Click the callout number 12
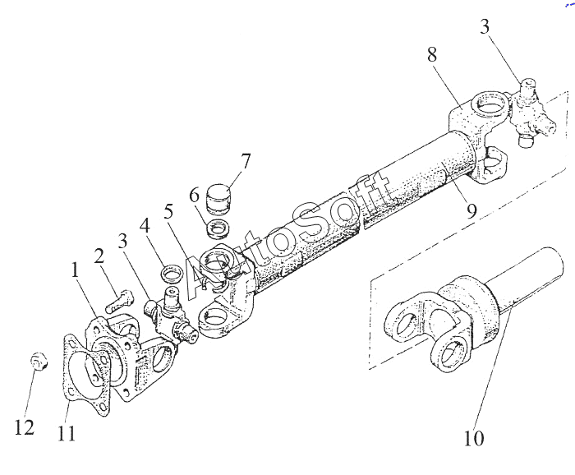[24, 427]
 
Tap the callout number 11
[67, 433]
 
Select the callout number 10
[474, 437]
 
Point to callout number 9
[471, 211]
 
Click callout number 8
[432, 55]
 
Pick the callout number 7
[246, 161]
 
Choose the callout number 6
[195, 195]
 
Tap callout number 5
[168, 212]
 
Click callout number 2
[99, 256]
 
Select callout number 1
[75, 270]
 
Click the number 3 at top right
[485, 26]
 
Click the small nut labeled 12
[39, 361]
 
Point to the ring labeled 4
[172, 273]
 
